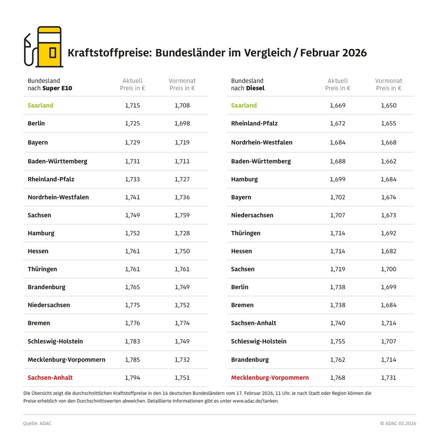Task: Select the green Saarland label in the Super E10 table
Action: point(41,105)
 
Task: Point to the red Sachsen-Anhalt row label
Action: point(50,378)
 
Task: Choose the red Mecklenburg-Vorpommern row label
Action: point(270,378)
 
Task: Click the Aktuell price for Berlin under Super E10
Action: point(132,123)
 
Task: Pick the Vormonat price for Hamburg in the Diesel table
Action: point(389,179)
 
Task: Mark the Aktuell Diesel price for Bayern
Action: point(338,197)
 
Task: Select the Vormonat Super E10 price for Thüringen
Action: point(182,269)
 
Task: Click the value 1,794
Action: point(132,378)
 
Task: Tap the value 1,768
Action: point(338,378)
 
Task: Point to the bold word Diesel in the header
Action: point(255,88)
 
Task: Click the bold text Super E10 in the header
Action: point(57,88)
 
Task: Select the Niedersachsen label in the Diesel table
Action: point(252,215)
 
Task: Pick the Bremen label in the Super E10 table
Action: point(39,323)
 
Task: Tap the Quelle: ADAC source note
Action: point(37,423)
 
